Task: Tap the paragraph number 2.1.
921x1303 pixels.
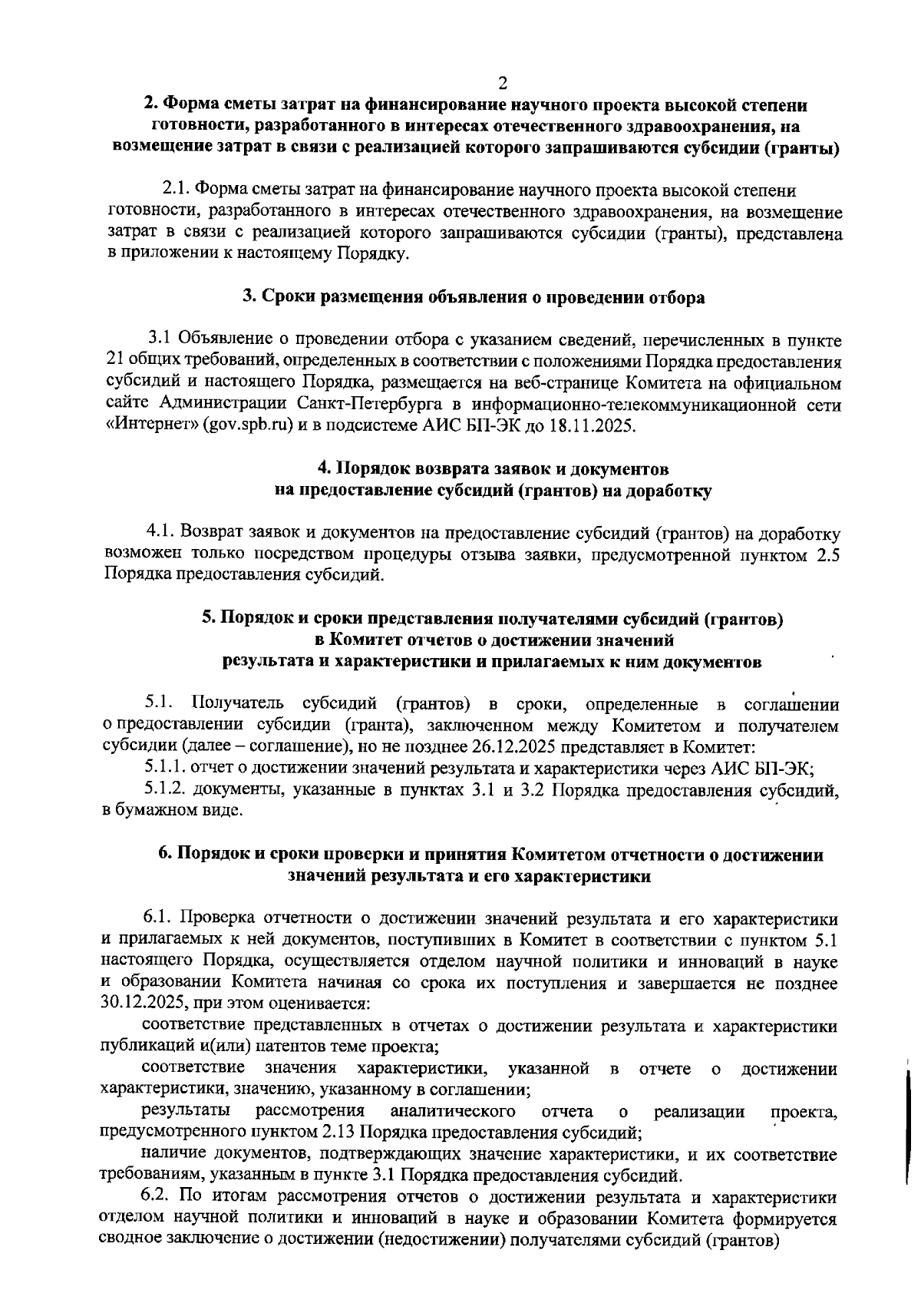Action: [x=177, y=189]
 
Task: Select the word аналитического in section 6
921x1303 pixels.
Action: [x=452, y=1112]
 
